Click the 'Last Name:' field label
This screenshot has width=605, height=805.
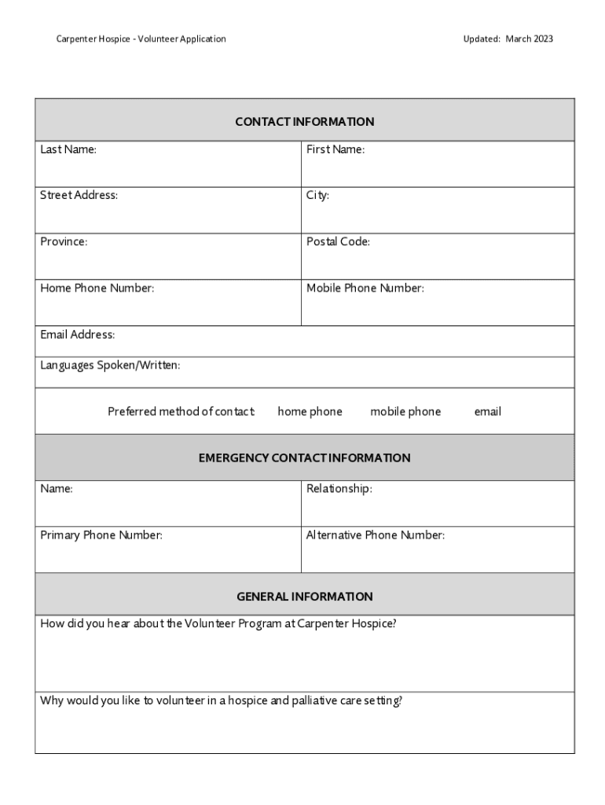click(68, 149)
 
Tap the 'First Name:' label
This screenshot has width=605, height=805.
click(335, 149)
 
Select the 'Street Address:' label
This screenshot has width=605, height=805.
click(79, 195)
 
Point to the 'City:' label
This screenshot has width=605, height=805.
click(317, 195)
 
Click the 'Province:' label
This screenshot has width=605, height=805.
click(64, 241)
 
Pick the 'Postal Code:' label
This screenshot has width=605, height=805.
click(338, 241)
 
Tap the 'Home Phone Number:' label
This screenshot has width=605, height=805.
click(97, 288)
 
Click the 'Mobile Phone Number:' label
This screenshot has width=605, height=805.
click(365, 288)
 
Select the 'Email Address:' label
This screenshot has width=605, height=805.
click(78, 335)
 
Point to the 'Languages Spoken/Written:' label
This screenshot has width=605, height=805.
click(110, 365)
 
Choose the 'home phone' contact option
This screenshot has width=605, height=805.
click(310, 411)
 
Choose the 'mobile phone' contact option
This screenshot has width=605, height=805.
click(405, 411)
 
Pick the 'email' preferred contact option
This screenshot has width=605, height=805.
click(487, 411)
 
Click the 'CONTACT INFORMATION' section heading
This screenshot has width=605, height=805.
click(304, 122)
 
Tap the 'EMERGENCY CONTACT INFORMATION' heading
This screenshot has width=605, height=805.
click(304, 458)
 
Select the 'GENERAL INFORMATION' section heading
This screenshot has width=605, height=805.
click(304, 597)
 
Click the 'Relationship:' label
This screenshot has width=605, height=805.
click(339, 489)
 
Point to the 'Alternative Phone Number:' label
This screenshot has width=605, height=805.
click(376, 535)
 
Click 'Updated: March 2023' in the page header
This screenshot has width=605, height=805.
click(508, 39)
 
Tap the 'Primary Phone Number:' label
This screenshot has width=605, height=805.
click(101, 535)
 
